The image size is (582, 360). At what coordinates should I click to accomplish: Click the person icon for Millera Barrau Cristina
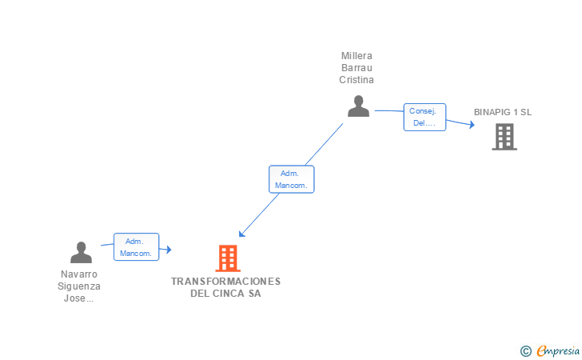click(x=358, y=106)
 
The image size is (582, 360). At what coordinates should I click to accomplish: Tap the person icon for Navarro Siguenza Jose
click(x=81, y=252)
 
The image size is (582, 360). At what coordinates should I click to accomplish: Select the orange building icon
click(x=228, y=258)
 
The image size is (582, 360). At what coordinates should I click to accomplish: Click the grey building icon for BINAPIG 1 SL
click(x=504, y=137)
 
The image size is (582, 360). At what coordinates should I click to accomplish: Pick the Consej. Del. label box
click(x=425, y=117)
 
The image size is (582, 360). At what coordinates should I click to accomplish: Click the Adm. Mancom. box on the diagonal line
click(x=291, y=179)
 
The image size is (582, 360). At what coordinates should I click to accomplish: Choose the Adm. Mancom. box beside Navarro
click(x=136, y=246)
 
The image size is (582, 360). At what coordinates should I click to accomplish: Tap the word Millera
click(x=357, y=56)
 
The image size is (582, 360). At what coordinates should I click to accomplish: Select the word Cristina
click(x=357, y=80)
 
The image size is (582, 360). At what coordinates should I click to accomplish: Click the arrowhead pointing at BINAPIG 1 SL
click(x=472, y=125)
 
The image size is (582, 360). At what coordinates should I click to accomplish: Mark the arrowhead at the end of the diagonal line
click(x=241, y=234)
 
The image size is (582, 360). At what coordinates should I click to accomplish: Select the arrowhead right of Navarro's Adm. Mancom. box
click(x=168, y=250)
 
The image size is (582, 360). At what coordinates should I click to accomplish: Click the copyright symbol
click(x=525, y=350)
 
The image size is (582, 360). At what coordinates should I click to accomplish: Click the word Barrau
click(x=357, y=68)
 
